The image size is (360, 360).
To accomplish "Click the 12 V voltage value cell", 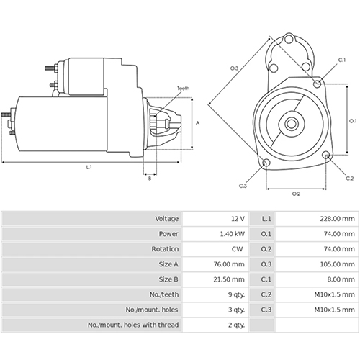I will click(x=238, y=218).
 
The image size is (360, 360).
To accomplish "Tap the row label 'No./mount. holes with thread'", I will click(x=132, y=325).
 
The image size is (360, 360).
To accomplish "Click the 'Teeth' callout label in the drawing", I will click(x=184, y=89).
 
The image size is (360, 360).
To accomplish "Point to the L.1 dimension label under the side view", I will click(x=88, y=167).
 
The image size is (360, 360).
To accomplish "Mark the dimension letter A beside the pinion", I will click(x=197, y=123).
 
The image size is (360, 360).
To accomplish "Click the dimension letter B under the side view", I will click(x=149, y=178).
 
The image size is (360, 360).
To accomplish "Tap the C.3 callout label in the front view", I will click(x=243, y=186).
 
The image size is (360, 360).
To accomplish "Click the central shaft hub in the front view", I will click(x=292, y=123).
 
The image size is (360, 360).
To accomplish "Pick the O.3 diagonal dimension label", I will click(x=235, y=68).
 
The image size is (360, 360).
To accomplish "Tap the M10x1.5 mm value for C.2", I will click(x=336, y=294).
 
